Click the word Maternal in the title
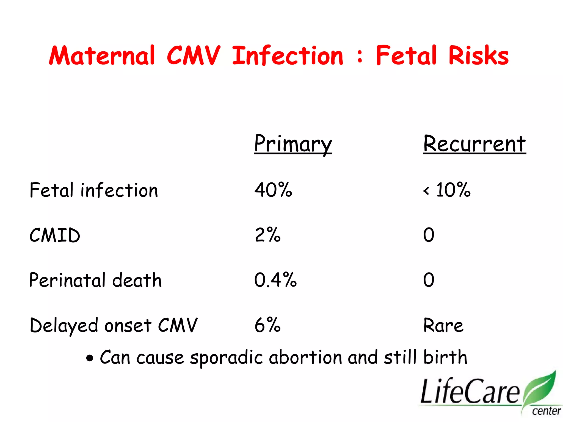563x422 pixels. (x=102, y=56)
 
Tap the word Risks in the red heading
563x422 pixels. (x=478, y=56)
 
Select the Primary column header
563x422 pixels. (x=293, y=144)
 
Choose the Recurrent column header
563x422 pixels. (x=474, y=144)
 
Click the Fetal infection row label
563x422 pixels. (x=94, y=190)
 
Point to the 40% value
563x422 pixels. (x=273, y=190)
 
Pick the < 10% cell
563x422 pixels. (x=447, y=190)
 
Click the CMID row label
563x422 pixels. (x=55, y=235)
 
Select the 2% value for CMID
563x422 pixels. (x=267, y=235)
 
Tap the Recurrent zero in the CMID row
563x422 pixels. (x=429, y=235)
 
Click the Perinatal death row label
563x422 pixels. (x=95, y=280)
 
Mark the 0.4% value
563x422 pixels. (x=275, y=280)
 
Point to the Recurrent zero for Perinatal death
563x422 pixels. (x=429, y=280)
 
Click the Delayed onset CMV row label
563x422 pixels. (x=114, y=325)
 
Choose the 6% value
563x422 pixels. (x=267, y=325)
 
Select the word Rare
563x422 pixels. (x=443, y=325)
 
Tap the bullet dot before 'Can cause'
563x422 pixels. (x=90, y=358)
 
